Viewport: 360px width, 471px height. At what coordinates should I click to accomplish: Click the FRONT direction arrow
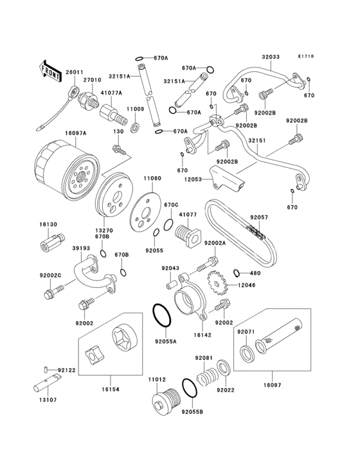coord(50,71)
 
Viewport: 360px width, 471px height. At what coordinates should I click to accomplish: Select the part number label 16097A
coord(76,133)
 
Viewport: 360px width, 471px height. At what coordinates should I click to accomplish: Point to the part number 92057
coord(259,217)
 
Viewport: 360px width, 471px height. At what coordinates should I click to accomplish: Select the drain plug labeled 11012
coord(165,400)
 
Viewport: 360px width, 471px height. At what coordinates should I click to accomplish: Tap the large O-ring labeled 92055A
coord(162,315)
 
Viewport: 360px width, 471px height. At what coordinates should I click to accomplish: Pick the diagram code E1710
coord(306,56)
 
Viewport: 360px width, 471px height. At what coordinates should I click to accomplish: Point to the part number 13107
coord(48,400)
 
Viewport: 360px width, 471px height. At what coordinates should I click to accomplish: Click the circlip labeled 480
coord(237,273)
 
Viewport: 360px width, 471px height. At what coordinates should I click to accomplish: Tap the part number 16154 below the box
coord(110,389)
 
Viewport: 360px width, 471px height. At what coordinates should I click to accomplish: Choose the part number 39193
coord(81,248)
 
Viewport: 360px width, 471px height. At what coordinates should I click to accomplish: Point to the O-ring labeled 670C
coord(168,225)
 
